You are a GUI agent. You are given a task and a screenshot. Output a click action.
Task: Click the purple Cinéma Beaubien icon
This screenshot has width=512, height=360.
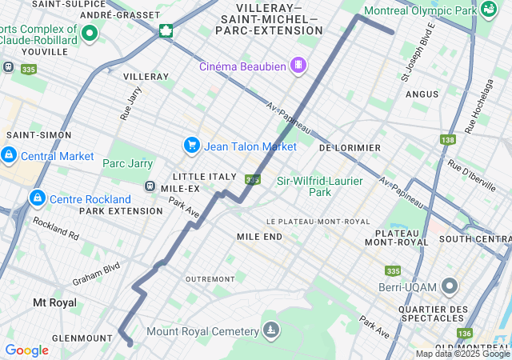coord(298,65)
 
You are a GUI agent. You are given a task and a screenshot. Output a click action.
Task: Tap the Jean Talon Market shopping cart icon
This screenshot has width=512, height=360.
coord(191,146)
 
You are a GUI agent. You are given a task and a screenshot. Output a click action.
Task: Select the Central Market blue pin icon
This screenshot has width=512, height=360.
coord(8,155)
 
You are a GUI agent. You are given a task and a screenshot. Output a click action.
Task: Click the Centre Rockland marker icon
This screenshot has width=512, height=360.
coord(36,198)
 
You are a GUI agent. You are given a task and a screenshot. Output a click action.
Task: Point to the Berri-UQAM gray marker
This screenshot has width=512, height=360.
coord(450,286)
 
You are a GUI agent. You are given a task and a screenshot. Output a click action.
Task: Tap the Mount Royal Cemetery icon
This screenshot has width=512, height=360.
coord(272,330)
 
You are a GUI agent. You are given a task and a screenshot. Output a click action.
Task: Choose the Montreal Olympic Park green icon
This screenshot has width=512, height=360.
coord(488,10)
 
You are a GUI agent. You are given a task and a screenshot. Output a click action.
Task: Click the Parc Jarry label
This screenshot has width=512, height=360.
coord(127,163)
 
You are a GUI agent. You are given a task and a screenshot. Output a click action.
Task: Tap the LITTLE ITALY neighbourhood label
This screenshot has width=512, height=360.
coord(204,176)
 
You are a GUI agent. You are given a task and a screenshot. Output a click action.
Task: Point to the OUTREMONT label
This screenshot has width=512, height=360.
coord(210,278)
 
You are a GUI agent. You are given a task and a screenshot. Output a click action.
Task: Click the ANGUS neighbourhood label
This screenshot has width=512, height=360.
coord(422,94)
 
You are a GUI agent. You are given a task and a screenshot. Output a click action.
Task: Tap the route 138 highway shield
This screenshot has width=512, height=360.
coord(446,140)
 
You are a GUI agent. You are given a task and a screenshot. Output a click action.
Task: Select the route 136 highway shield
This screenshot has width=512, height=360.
coord(465,333)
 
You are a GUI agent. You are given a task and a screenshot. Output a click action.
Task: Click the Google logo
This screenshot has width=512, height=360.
coord(26,350)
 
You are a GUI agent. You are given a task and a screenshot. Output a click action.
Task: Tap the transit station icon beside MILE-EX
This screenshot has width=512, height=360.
coord(149,186)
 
